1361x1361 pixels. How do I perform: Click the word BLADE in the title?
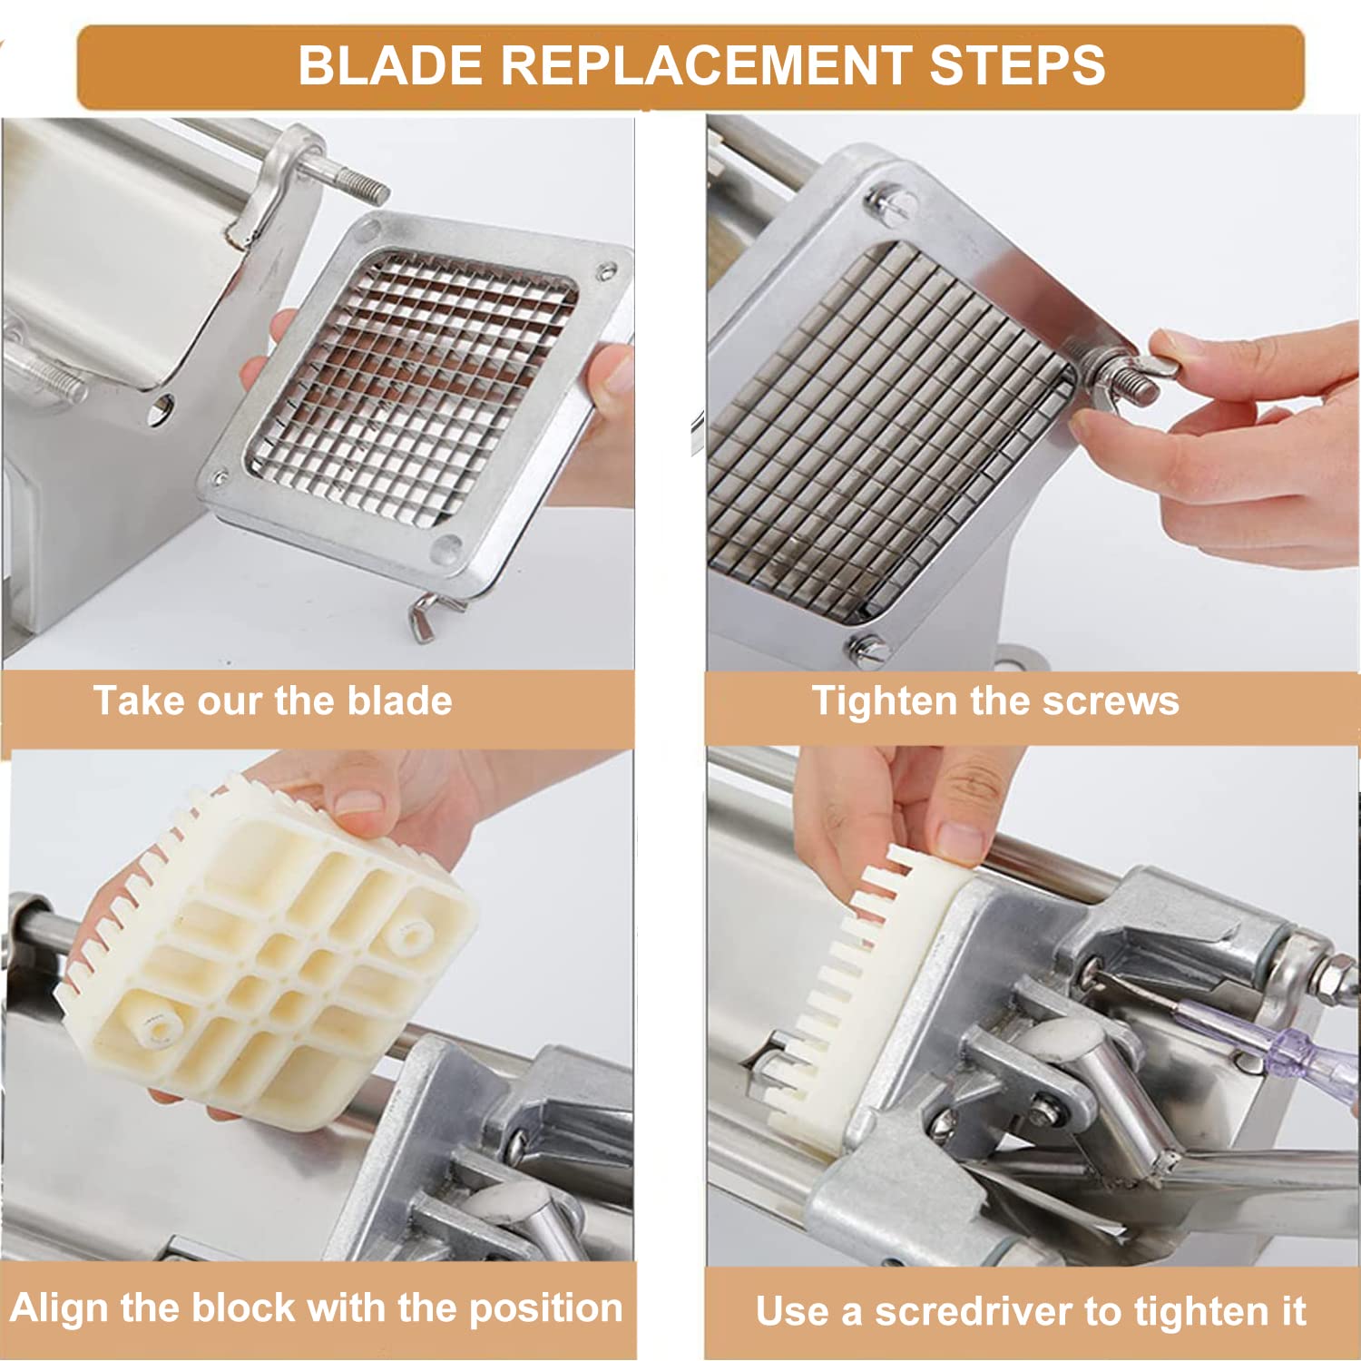[391, 66]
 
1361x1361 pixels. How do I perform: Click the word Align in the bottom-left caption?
[60, 1308]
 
